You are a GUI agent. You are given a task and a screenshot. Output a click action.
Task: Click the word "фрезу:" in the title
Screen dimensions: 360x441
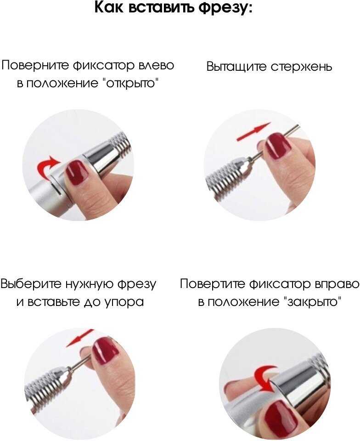coord(225,8)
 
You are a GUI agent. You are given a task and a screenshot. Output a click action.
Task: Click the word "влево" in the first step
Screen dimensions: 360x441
coord(156,65)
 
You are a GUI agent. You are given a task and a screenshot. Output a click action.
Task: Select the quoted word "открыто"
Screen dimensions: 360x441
coord(129,84)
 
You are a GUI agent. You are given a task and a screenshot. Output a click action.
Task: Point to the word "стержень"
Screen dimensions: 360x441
coord(301,67)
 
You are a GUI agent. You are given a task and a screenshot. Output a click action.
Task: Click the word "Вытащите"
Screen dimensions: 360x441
coord(236,67)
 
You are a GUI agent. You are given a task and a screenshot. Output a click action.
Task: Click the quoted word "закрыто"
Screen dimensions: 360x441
coord(313,302)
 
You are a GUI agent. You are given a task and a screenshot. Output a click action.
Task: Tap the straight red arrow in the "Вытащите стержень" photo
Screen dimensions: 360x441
coord(254,131)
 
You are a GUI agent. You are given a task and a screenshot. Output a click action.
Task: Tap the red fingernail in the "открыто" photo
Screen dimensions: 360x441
coord(77,172)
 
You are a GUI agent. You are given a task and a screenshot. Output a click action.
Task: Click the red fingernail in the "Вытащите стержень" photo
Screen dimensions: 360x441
coord(279,146)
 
